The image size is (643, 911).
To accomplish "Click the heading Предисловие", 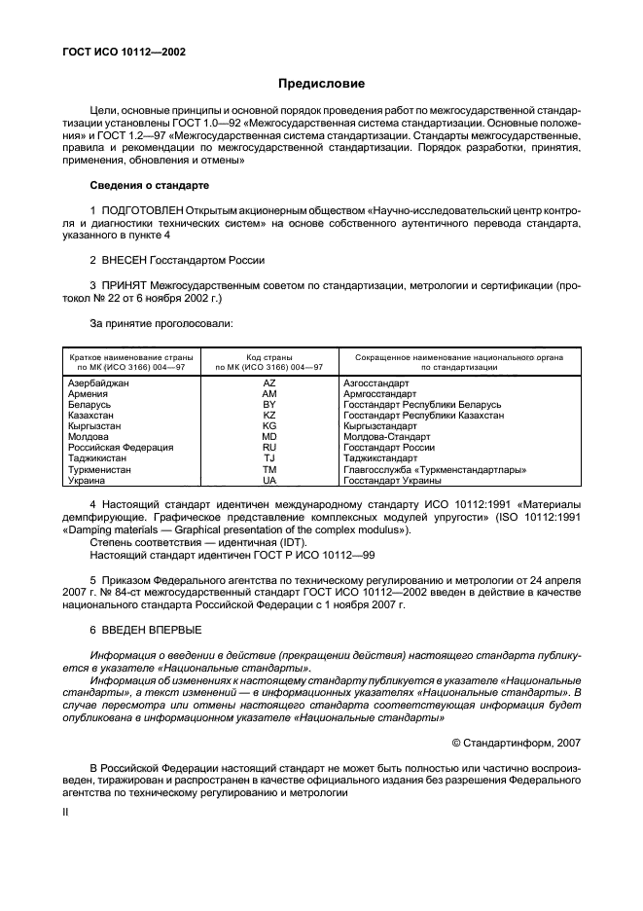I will point(322,84).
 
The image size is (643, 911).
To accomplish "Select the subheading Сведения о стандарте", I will point(146,185).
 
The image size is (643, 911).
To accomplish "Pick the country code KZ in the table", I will point(269,415).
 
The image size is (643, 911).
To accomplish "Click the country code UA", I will point(269,481).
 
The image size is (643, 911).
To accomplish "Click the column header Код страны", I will point(269,357).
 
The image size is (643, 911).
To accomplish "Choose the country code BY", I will point(269,404).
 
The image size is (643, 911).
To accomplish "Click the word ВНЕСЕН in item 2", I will point(125,260).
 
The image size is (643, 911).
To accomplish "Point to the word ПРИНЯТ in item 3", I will point(124,287).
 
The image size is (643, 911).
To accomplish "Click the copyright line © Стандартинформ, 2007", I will point(517,743).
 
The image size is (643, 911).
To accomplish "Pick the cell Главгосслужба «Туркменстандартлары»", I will point(435,470).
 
